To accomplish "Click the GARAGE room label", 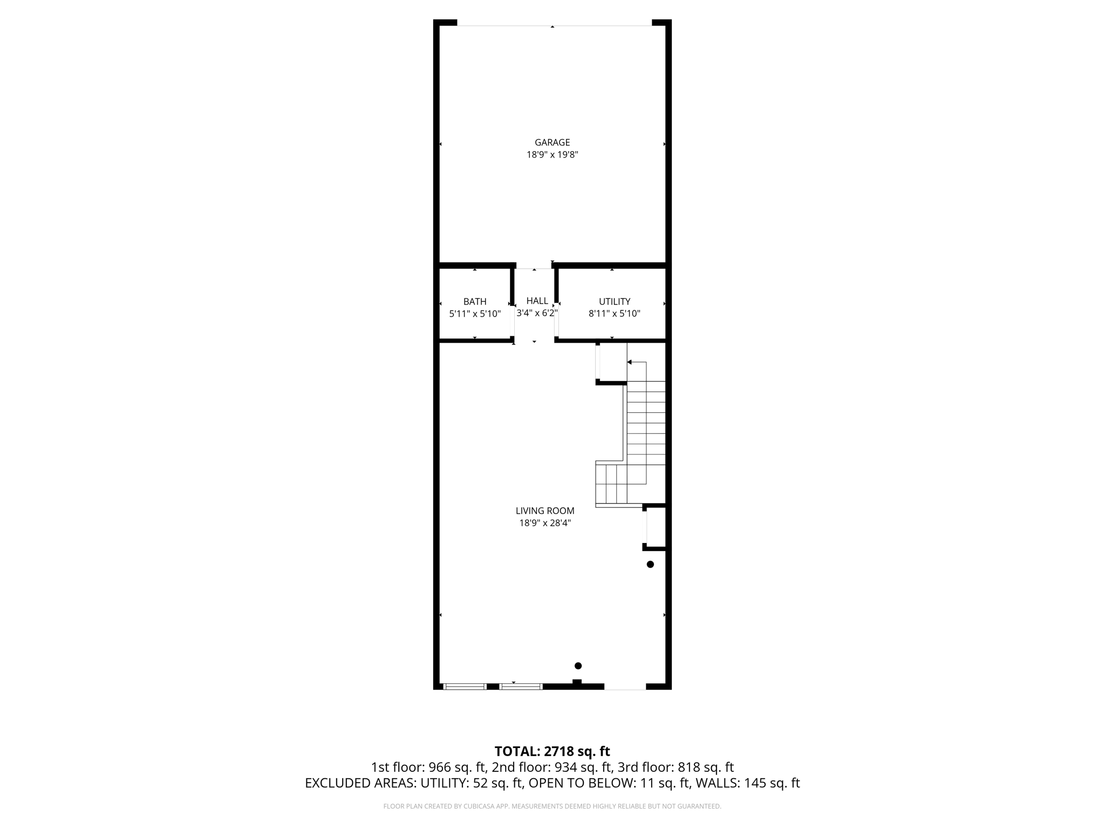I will [x=552, y=142].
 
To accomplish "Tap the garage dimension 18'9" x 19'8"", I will [x=552, y=155].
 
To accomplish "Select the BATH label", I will [x=475, y=302].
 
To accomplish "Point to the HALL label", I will [x=537, y=301].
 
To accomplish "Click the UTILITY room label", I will [x=614, y=302].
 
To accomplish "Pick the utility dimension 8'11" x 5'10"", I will [x=614, y=314].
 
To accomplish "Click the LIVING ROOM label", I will [x=545, y=511].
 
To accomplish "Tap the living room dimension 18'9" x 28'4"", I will [x=545, y=523].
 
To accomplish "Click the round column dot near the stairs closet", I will [x=650, y=565].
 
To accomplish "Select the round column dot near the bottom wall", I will [x=578, y=665].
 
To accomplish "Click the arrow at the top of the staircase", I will [x=630, y=362].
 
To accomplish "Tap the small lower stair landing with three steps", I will [x=611, y=484].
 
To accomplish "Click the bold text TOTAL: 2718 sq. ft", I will [x=552, y=751].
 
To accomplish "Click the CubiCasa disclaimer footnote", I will [x=552, y=806].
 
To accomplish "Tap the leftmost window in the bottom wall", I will [x=465, y=687].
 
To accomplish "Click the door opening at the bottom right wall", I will [x=625, y=687].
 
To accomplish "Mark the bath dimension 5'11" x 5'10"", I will [x=475, y=314].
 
